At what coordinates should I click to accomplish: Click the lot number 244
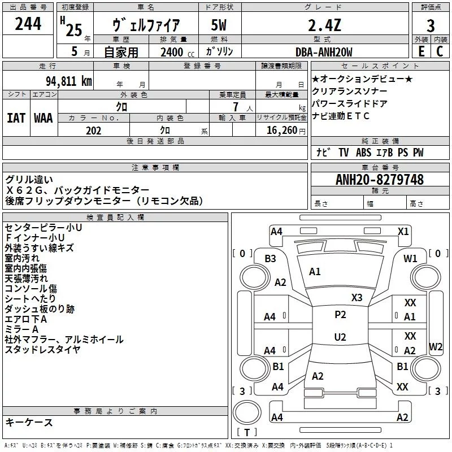28,24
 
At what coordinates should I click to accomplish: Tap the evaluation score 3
431,25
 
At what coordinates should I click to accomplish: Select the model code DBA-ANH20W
324,53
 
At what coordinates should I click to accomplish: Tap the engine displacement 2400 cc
172,53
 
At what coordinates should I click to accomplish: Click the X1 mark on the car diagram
403,231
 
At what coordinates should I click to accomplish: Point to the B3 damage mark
271,258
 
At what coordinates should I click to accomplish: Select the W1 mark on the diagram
410,258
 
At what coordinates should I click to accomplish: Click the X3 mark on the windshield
357,297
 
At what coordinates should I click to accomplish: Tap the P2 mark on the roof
340,315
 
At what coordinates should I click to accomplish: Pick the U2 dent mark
340,337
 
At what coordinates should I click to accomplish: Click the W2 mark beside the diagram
436,346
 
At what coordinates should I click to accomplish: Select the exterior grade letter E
421,52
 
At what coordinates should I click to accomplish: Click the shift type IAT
16,118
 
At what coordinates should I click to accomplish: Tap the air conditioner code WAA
44,118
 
